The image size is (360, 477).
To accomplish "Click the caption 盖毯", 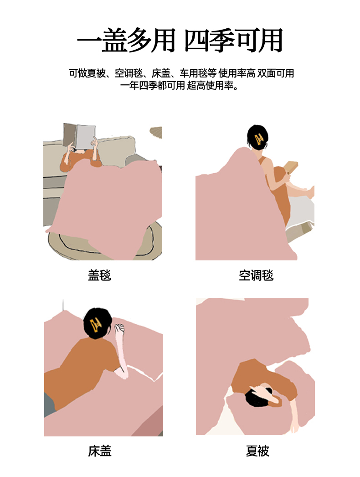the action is [x=99, y=275].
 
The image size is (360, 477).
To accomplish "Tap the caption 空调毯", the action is [x=256, y=275].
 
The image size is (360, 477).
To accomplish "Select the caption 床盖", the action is [x=100, y=451].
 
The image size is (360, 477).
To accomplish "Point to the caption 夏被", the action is [x=257, y=451].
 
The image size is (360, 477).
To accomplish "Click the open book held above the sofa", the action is [x=79, y=136].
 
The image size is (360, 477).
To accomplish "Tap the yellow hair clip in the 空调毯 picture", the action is [x=259, y=140].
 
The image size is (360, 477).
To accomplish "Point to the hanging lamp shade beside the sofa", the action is [x=156, y=133].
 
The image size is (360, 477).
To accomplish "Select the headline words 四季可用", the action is [x=233, y=41].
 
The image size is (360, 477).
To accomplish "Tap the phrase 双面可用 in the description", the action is [x=276, y=73].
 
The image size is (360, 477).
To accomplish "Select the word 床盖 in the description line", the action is [x=161, y=73].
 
